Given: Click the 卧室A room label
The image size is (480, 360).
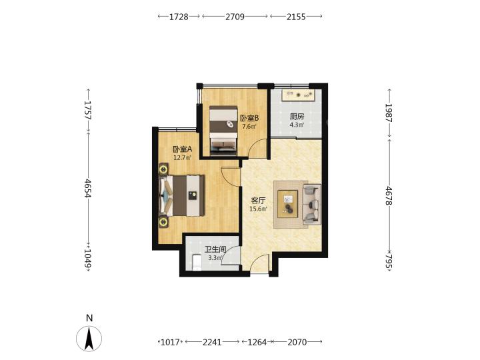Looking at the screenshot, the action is pos(183,149).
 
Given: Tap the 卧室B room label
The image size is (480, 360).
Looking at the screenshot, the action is pos(249,118).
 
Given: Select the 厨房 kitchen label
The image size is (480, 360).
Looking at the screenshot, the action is pos(297,116).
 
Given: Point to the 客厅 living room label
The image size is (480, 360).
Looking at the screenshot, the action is pos(258,201).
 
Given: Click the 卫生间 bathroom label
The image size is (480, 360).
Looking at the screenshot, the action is pos(215,250).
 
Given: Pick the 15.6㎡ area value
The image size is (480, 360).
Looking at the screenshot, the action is pos(259,209).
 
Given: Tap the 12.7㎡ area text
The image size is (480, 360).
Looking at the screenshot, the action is pos(183,157).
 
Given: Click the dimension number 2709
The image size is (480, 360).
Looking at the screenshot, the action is pos(235,17).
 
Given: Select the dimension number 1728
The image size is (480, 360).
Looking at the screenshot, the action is pos(179,17).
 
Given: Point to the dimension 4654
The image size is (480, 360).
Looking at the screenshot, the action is pos(89,188).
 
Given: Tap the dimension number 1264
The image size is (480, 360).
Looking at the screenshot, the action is pos(257,342).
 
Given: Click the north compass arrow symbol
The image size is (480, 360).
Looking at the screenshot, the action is pos(89,339).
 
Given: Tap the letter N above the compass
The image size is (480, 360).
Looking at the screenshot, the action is pos(89,318).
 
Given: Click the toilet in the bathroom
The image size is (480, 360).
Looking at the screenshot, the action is pos(196,263).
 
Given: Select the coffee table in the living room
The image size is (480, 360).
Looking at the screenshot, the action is pos(288,204).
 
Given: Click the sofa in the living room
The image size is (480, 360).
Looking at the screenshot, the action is pos(311,204).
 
